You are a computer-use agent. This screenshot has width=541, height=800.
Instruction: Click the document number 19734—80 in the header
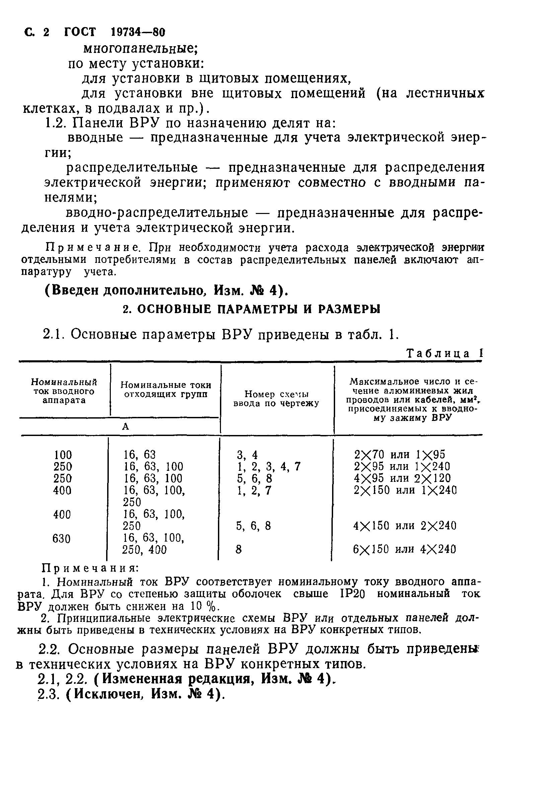click(x=138, y=32)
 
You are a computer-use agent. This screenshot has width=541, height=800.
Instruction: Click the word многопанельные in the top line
click(x=140, y=48)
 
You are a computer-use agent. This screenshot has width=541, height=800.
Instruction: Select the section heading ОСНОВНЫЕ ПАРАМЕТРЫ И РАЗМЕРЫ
click(x=251, y=309)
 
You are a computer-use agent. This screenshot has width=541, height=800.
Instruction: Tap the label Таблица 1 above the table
click(x=444, y=354)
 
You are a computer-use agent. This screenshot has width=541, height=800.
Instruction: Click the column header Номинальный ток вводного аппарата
click(x=64, y=391)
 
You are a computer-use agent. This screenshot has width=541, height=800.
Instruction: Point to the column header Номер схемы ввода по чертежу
click(x=276, y=398)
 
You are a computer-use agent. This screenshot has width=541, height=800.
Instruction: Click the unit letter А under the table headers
click(x=126, y=427)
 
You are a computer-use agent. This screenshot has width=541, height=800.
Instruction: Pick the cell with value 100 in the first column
click(x=63, y=455)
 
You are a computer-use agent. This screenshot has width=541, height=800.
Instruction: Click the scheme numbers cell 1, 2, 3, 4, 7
click(x=268, y=467)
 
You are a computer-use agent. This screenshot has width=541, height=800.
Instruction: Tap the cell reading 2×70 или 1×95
click(x=399, y=455)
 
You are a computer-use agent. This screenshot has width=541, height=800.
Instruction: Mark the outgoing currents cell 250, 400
click(x=144, y=550)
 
